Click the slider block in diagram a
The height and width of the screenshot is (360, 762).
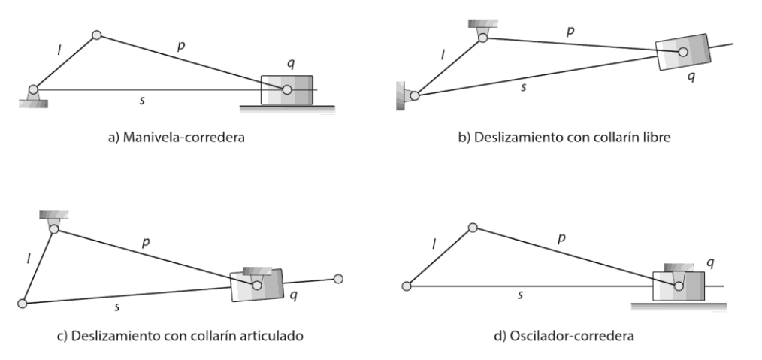point(286,89)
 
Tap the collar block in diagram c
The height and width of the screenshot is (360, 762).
point(257,285)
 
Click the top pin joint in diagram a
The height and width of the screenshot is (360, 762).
point(96,34)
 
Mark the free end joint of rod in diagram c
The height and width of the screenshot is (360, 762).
point(338,279)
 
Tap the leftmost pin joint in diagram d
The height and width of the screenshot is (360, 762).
point(407,286)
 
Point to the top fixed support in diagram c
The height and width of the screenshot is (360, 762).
point(53,218)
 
